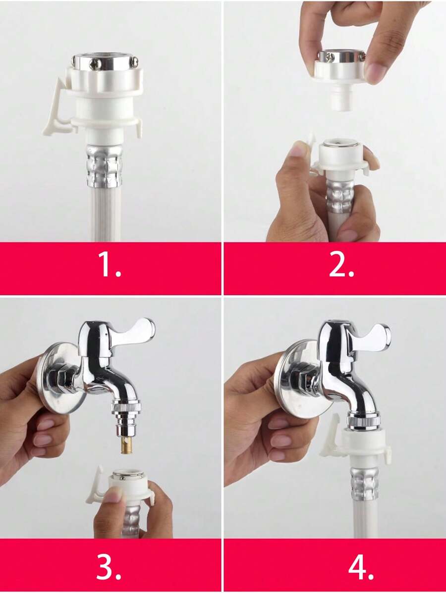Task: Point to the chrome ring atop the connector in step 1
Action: point(105,63)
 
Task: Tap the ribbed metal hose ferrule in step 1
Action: point(104,166)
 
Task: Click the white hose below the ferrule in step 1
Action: point(104,213)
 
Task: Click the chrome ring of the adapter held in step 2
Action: point(340,56)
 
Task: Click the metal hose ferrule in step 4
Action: point(365,483)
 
